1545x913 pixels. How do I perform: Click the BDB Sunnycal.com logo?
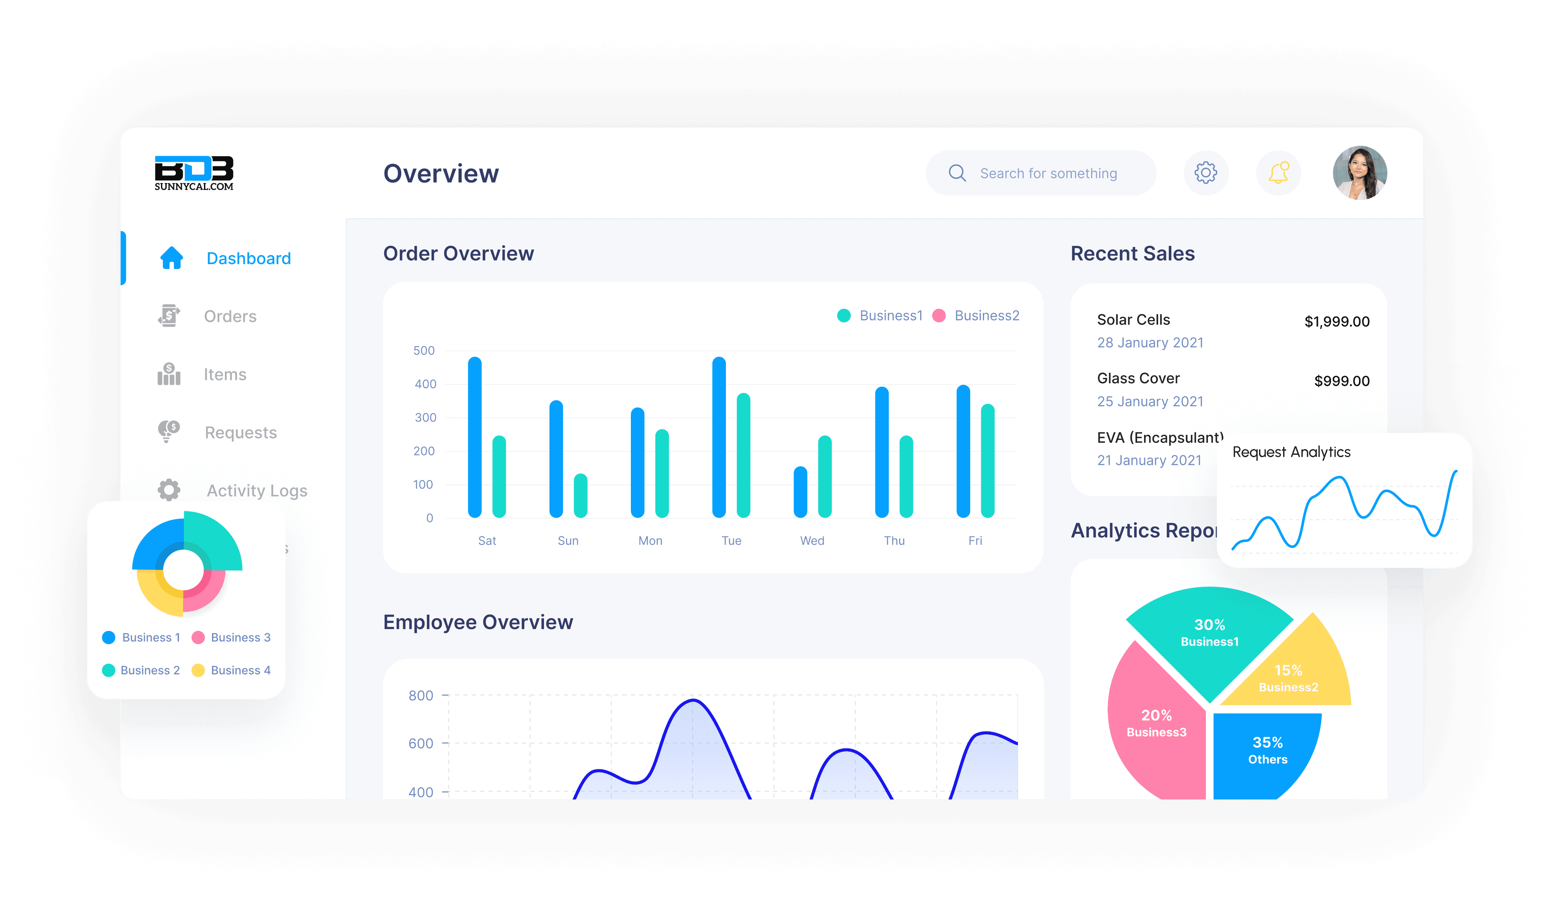click(194, 173)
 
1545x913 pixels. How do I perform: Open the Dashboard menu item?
click(248, 258)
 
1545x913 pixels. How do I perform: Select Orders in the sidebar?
click(230, 316)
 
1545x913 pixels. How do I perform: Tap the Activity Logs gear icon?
click(169, 490)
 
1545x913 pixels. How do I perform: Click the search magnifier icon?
click(957, 173)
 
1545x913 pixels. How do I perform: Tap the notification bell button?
click(1278, 173)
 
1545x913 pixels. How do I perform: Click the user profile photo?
click(1360, 173)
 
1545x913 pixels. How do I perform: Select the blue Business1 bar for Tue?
click(719, 437)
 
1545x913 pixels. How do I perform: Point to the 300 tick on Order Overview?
click(425, 418)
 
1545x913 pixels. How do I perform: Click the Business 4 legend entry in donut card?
click(240, 670)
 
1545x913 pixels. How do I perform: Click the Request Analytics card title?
click(1291, 452)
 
